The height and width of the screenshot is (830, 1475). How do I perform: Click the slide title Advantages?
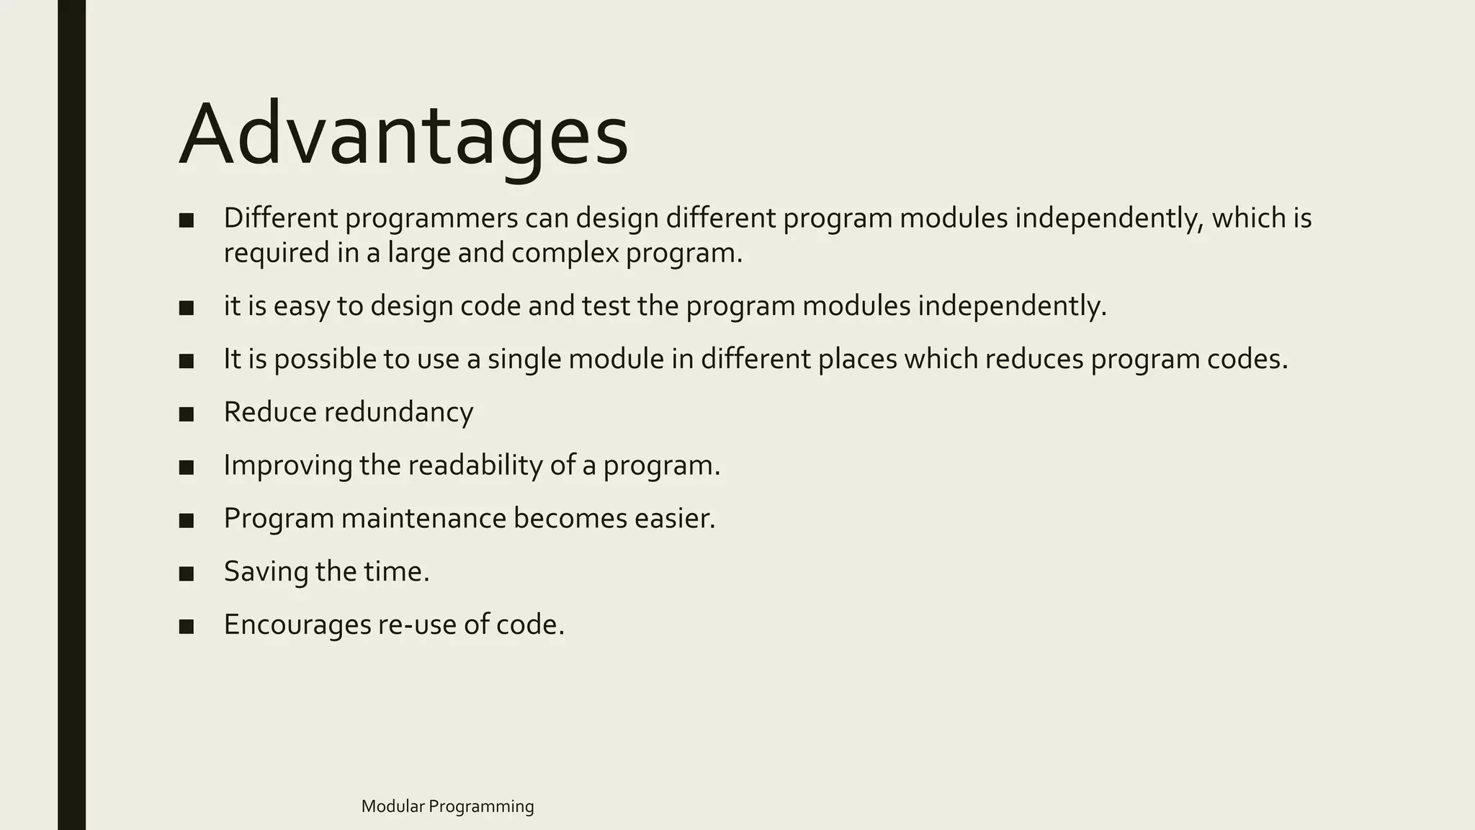[403, 135]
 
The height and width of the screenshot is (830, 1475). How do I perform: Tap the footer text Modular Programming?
[447, 806]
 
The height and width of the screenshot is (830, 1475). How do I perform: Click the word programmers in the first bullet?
[431, 218]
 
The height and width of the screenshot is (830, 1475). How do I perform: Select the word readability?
[475, 465]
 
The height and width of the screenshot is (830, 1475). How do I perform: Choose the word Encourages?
[297, 624]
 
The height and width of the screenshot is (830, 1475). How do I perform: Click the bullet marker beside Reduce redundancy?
[187, 414]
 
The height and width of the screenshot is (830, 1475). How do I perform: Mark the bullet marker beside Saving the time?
[187, 573]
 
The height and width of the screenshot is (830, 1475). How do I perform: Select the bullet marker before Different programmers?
[187, 220]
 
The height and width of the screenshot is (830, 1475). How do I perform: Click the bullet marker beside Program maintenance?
[187, 519]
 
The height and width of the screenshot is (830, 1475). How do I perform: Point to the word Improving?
[288, 465]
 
